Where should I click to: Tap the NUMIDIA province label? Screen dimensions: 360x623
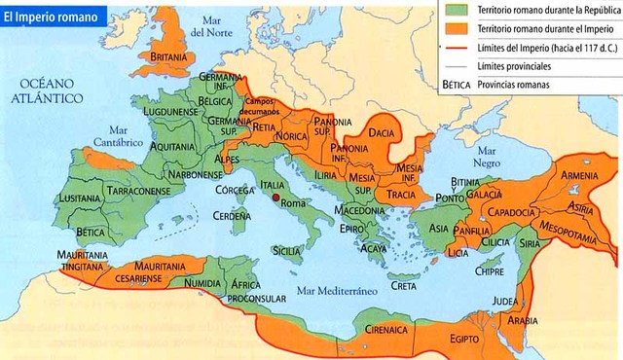[203, 282]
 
